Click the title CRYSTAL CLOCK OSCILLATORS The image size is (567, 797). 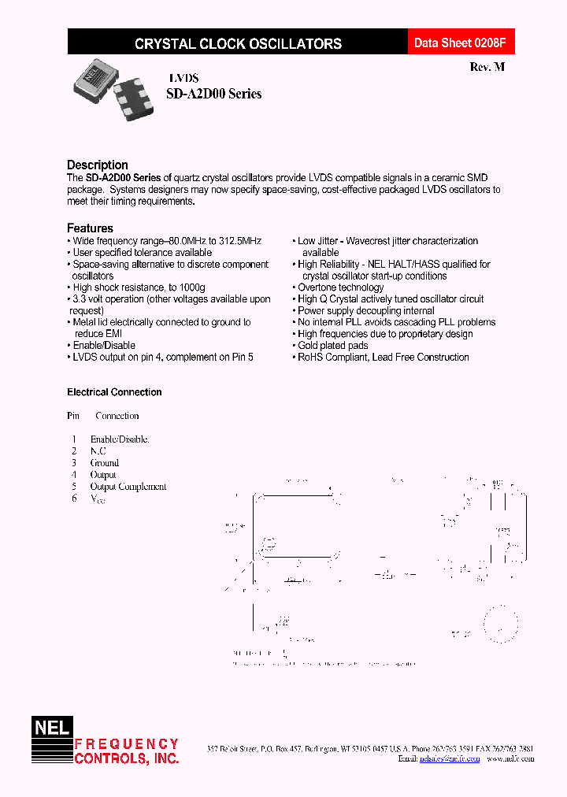238,44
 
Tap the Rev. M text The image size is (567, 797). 487,68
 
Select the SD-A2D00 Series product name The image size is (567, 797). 214,94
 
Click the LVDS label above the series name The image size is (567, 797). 183,78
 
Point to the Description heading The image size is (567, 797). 98,165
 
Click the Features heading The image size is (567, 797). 90,228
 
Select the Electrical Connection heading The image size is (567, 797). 114,392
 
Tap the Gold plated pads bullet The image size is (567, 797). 332,345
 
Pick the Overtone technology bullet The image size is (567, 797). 340,287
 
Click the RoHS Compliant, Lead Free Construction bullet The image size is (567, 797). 383,357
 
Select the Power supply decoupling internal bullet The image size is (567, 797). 365,310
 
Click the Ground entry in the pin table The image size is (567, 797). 105,463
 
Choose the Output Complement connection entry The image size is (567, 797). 128,487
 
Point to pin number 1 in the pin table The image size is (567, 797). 74,439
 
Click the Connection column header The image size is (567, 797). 117,416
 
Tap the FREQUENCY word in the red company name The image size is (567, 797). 126,744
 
